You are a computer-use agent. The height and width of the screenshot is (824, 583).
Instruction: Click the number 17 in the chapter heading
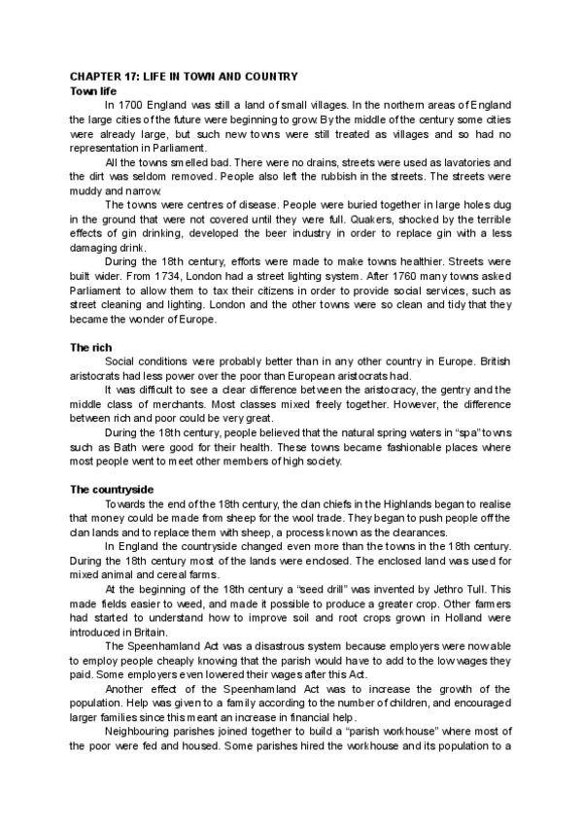[x=135, y=77]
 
